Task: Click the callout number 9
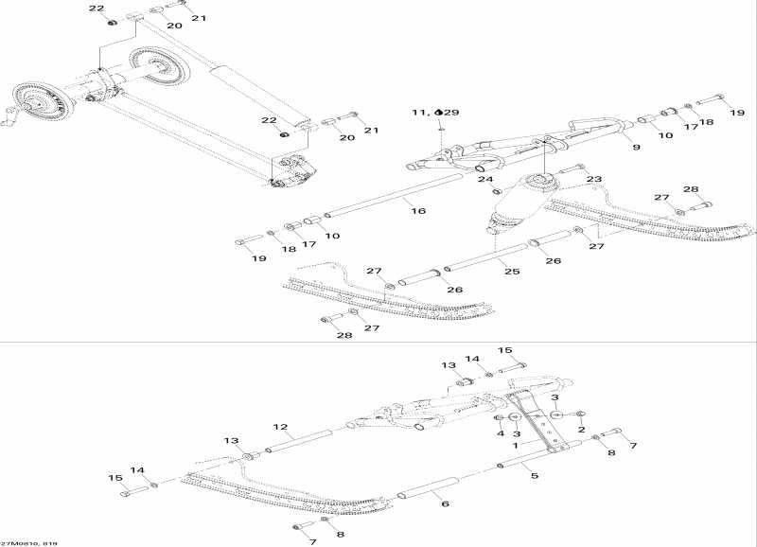click(636, 148)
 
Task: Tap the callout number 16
click(418, 212)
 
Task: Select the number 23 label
click(594, 179)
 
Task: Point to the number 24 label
click(484, 179)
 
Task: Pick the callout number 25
click(512, 272)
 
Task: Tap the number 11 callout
click(419, 112)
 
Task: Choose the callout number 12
click(281, 427)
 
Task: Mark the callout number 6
click(444, 504)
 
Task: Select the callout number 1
click(515, 444)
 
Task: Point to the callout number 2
click(580, 429)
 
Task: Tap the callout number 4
click(501, 434)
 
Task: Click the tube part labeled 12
click(298, 438)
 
